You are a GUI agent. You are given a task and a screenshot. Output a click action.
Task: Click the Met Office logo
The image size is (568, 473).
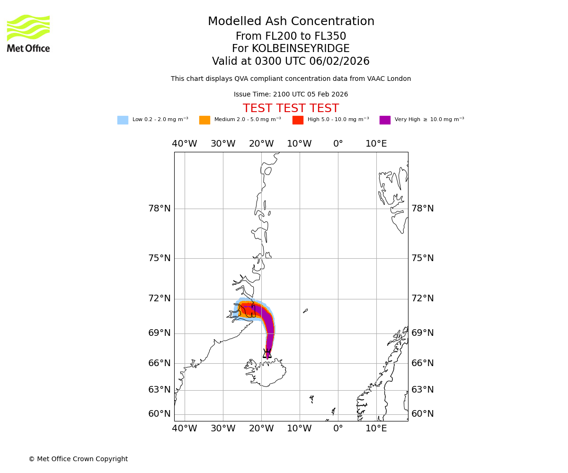[28, 33]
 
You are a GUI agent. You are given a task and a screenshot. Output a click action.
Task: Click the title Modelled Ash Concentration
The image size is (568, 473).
[291, 22]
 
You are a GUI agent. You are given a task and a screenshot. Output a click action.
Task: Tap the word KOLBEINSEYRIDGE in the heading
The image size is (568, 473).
[301, 49]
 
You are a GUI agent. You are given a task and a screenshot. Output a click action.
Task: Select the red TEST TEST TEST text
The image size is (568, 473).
[291, 109]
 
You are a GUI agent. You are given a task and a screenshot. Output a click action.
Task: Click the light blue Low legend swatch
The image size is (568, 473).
[123, 120]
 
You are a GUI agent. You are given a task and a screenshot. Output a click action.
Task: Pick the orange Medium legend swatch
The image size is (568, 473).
[204, 120]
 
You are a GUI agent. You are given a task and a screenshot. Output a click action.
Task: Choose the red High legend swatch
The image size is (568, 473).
[298, 120]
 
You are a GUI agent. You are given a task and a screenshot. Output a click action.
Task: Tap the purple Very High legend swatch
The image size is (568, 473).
[385, 120]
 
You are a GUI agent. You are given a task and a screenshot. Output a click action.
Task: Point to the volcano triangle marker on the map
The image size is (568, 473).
[267, 354]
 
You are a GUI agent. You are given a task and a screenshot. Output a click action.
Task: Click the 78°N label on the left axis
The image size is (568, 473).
[160, 209]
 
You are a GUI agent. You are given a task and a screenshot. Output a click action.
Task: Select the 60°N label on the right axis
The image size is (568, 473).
[423, 414]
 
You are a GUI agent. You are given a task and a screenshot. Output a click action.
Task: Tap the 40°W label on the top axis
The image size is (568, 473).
[185, 144]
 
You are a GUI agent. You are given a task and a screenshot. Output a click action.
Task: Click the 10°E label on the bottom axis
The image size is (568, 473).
[376, 429]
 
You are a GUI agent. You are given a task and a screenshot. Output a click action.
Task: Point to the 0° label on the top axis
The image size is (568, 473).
[338, 144]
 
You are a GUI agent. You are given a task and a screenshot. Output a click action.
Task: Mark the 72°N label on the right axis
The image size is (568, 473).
[423, 298]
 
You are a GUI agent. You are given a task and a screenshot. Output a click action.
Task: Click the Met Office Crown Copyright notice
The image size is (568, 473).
[78, 459]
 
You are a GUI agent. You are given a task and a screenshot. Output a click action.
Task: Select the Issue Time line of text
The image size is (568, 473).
[291, 95]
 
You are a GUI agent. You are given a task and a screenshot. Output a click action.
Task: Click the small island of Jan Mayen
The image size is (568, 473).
[305, 311]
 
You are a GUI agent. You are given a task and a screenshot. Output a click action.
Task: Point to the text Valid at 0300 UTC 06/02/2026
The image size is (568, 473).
[291, 61]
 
